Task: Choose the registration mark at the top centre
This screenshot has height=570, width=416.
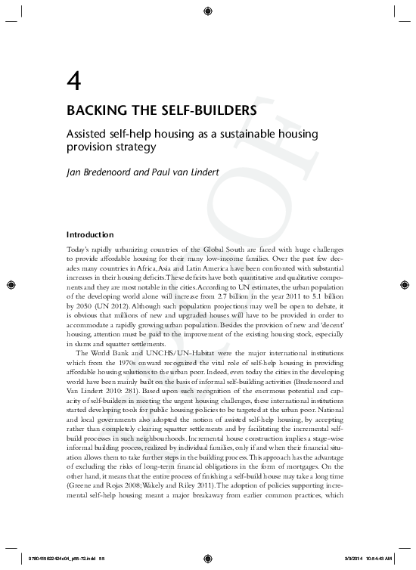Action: pos(208,11)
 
